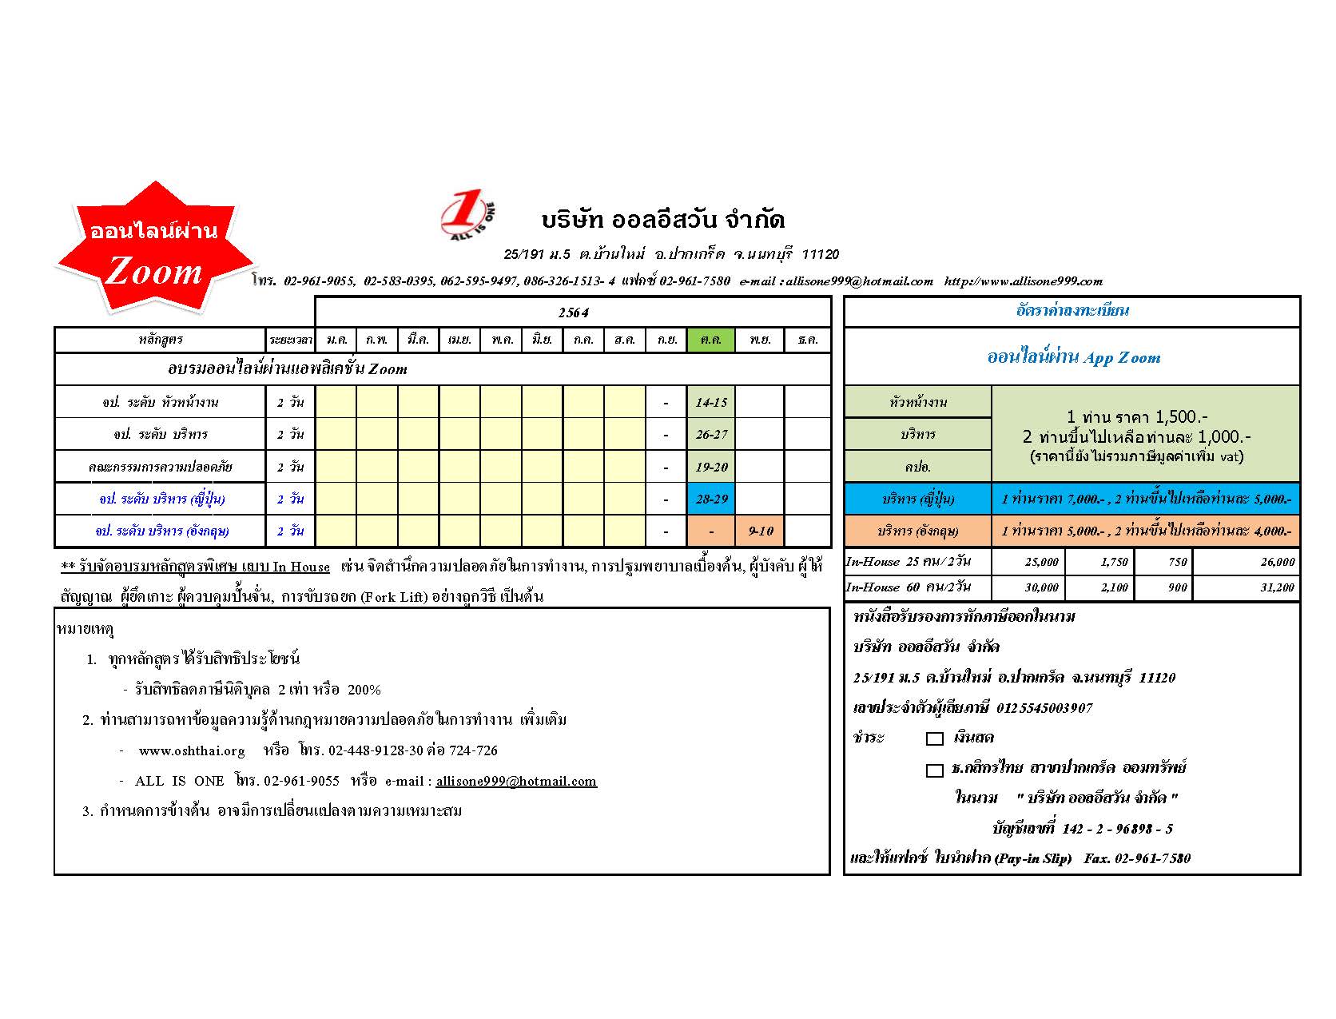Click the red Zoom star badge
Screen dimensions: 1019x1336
tap(153, 249)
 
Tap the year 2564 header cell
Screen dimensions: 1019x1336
tap(573, 312)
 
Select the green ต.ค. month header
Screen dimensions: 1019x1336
tap(710, 340)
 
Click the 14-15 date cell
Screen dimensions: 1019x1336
tap(710, 402)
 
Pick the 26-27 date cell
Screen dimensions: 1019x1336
tap(710, 435)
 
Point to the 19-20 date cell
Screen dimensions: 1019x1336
tap(710, 467)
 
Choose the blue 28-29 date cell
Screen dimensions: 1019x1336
tap(710, 499)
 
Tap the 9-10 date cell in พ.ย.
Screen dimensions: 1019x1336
tap(760, 531)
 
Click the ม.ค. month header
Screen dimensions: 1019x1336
tap(336, 340)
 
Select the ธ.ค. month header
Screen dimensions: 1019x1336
tap(808, 340)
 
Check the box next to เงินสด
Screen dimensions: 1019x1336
tap(934, 738)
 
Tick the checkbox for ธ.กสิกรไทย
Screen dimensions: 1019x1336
tap(934, 770)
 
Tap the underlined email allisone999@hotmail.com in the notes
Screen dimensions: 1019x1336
tap(516, 781)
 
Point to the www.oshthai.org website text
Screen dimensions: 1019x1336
tap(192, 750)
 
